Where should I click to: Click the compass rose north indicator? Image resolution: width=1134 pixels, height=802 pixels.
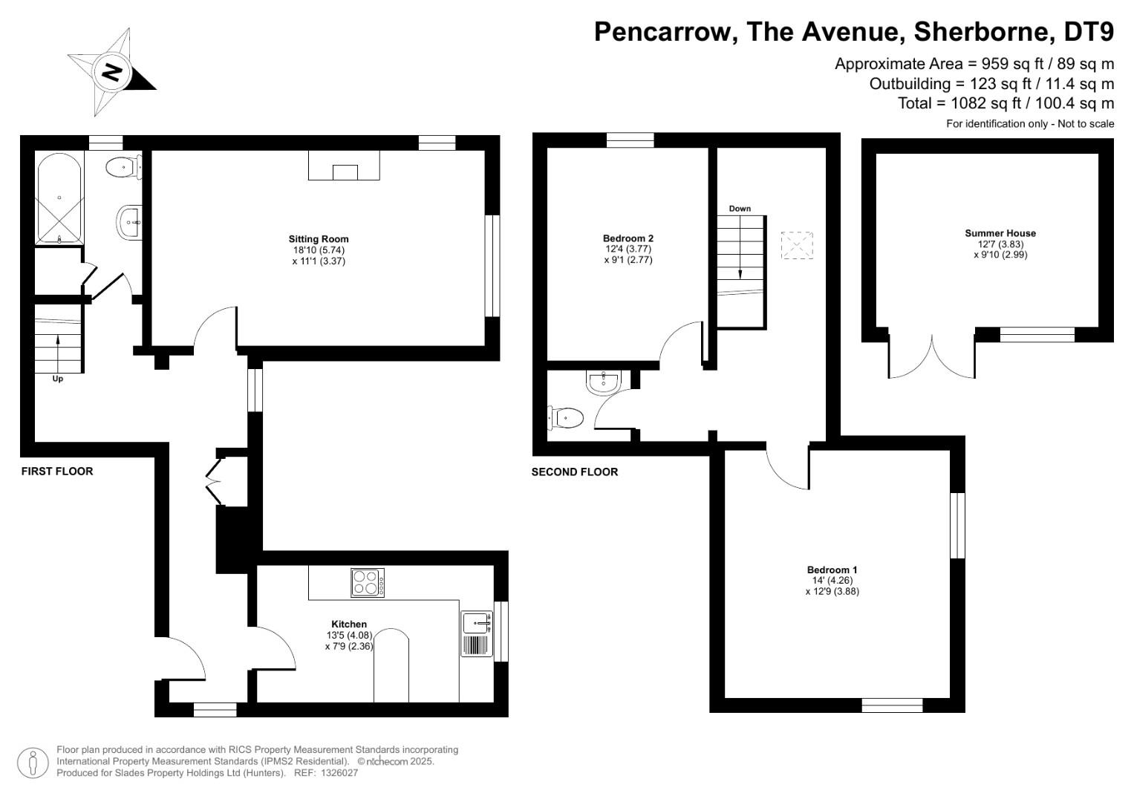pos(112,73)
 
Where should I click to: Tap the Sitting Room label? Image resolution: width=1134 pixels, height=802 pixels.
pos(319,239)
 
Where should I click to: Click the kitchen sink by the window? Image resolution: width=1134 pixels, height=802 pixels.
pos(476,623)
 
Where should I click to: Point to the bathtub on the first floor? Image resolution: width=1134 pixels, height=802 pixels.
pos(59,198)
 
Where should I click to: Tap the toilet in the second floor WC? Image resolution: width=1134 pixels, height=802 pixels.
pos(565,418)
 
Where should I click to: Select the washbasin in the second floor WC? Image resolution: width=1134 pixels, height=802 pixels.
pos(602,382)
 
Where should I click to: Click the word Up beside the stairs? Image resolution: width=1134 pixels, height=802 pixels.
pos(58,379)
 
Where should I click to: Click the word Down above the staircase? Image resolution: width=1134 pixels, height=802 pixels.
pos(740,209)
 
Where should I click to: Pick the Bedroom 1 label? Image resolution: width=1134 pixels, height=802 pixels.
pos(832,570)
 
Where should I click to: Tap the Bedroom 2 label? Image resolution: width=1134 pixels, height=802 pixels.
pos(628,238)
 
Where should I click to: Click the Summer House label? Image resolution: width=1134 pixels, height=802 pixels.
pos(1000,233)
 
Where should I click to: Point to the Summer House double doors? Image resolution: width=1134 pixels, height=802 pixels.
pos(932,356)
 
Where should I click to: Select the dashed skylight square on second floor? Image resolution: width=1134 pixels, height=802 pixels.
pos(797,246)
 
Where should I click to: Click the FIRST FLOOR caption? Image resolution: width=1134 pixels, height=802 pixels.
pos(57,472)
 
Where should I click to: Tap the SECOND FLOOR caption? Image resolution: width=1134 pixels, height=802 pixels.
pos(575,472)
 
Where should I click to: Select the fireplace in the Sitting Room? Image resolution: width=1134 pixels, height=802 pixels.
pos(344,167)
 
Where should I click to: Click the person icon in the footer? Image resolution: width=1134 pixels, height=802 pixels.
pos(33,763)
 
